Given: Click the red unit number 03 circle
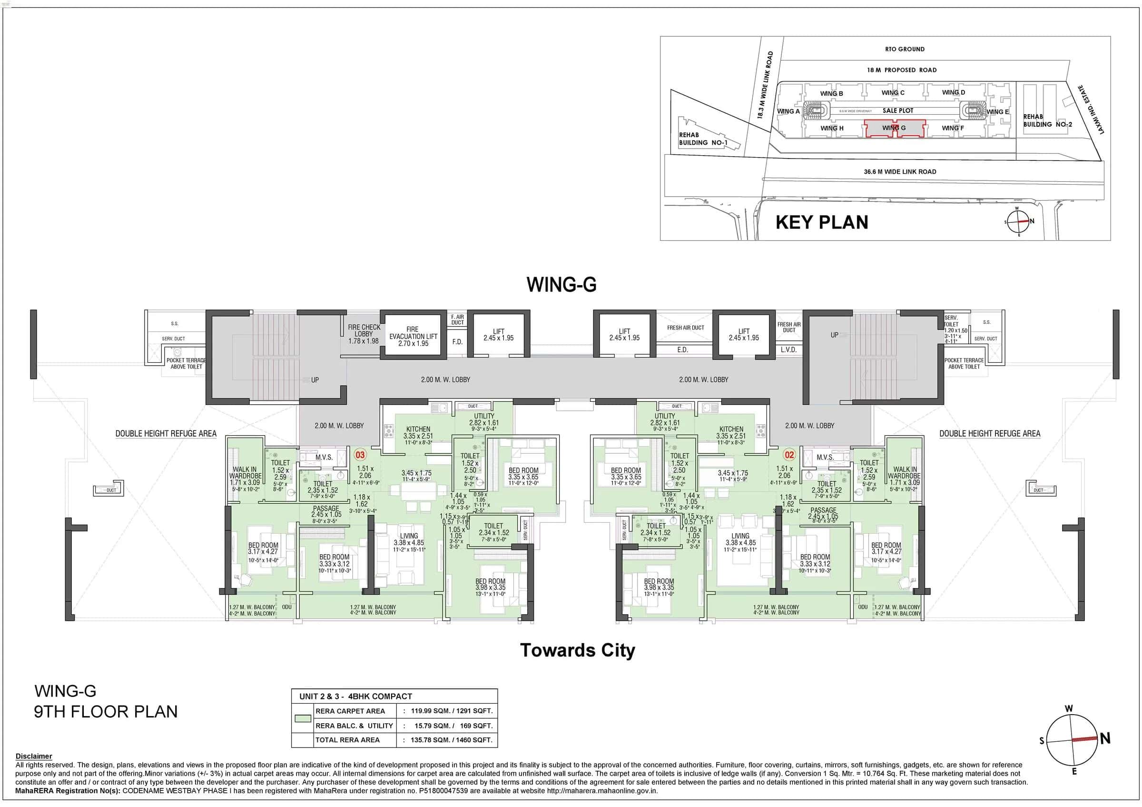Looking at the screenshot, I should point(360,454).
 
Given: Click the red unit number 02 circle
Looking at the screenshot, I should point(789,454).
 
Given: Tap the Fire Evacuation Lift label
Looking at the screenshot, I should point(413,336).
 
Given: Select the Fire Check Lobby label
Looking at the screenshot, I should point(364,334).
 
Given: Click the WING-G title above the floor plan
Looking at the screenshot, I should point(561,285).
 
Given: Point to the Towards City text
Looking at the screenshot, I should point(578,650).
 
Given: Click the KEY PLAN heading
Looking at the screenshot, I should point(822,222).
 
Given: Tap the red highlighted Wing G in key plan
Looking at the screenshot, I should point(894,129).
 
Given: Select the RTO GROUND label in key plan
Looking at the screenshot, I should point(904,49).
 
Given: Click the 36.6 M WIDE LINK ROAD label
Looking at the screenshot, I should point(900,172).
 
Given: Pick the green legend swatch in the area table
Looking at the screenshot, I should point(303,718).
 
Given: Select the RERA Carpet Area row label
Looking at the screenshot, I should point(350,711).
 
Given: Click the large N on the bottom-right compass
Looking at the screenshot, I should point(1105,738).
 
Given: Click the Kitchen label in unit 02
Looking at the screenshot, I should point(731,429).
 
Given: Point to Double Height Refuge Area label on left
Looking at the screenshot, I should point(166,433).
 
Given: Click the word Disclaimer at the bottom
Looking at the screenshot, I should point(33,756).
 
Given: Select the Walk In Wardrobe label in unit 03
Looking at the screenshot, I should point(245,476).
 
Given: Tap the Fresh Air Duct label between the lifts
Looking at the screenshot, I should point(685,328).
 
